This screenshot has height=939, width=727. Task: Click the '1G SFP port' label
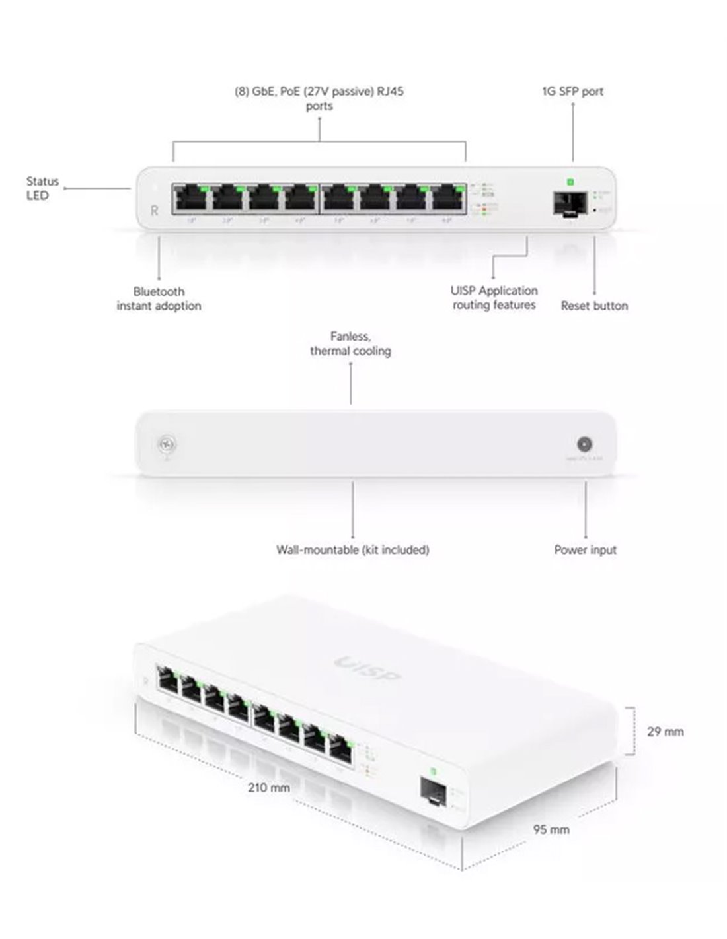click(572, 92)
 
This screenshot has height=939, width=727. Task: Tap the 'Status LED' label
click(42, 188)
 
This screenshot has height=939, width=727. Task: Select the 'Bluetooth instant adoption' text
click(159, 298)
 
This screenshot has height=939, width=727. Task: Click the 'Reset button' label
click(594, 306)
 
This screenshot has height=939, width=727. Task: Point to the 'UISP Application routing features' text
click(494, 298)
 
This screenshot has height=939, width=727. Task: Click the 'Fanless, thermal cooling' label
click(350, 344)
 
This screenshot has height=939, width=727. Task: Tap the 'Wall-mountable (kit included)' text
click(352, 549)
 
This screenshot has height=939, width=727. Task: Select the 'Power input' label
click(585, 549)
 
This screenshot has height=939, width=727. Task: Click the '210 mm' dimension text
click(269, 787)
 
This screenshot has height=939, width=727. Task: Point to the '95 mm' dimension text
click(551, 829)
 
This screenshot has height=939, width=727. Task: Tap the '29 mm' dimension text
click(665, 732)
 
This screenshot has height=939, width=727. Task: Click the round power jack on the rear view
click(584, 444)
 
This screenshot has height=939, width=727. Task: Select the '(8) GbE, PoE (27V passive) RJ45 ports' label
click(319, 98)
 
